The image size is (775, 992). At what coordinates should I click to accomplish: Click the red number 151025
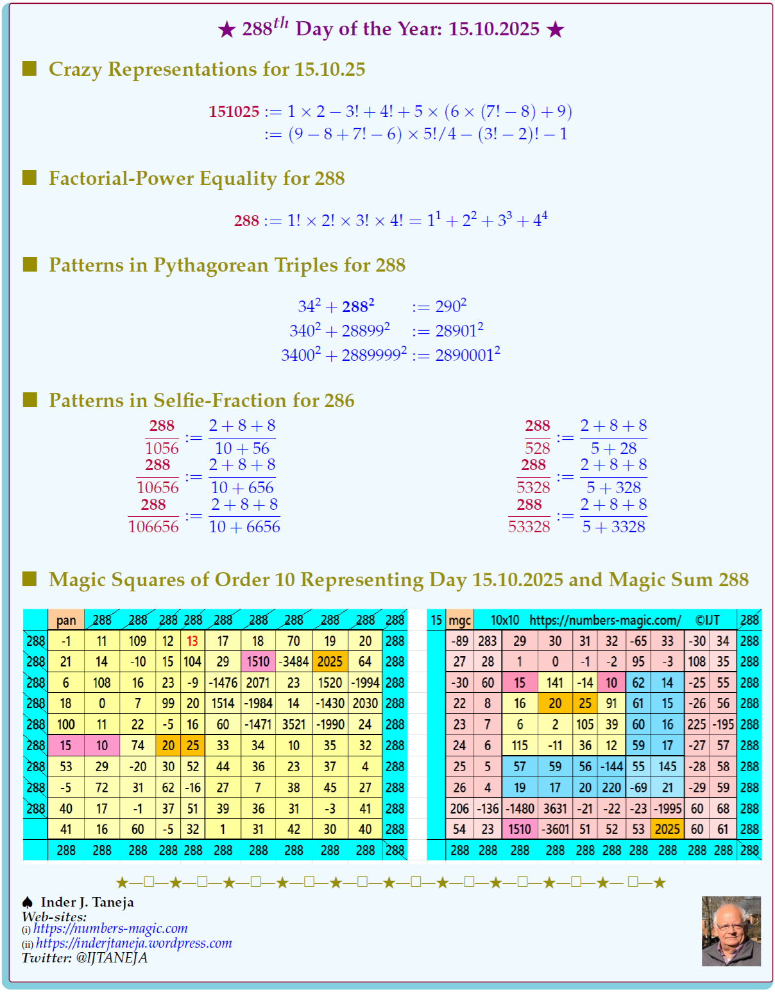click(x=234, y=112)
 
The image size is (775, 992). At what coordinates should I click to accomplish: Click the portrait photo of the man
click(x=731, y=931)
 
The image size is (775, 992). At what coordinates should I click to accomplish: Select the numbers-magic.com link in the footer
click(x=110, y=928)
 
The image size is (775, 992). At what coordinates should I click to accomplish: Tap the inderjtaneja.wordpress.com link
click(x=133, y=943)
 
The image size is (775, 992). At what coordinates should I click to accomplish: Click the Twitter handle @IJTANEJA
click(x=112, y=958)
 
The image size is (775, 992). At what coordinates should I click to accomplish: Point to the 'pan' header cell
click(x=66, y=620)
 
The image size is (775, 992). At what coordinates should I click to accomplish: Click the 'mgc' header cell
click(x=459, y=620)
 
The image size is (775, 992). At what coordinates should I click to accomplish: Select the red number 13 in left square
click(x=192, y=641)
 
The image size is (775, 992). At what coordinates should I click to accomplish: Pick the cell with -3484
click(x=294, y=661)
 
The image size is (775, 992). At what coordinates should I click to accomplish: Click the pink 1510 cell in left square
click(x=258, y=661)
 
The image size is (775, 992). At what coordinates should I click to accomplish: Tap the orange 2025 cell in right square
click(x=667, y=829)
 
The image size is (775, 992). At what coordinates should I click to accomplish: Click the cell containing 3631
click(x=555, y=808)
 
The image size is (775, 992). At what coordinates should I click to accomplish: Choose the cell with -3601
click(x=555, y=829)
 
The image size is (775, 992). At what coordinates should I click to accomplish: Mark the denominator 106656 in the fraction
click(x=153, y=527)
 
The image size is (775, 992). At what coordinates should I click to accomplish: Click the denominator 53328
click(x=529, y=527)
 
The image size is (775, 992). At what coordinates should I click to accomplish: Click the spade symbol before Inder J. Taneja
click(x=28, y=902)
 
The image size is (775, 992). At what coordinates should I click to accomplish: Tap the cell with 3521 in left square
click(x=294, y=724)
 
